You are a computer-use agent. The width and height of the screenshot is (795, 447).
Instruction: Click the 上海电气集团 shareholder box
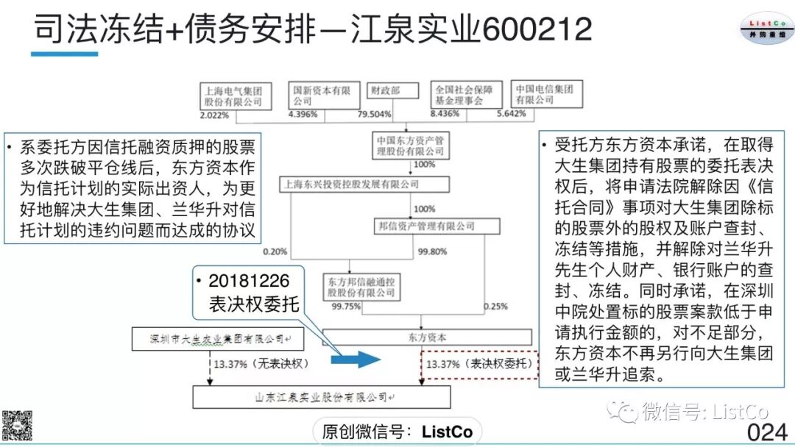click(x=234, y=96)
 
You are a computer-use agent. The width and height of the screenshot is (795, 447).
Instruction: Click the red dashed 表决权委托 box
click(x=478, y=363)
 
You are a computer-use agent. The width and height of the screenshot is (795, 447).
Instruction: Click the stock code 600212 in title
click(x=537, y=29)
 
